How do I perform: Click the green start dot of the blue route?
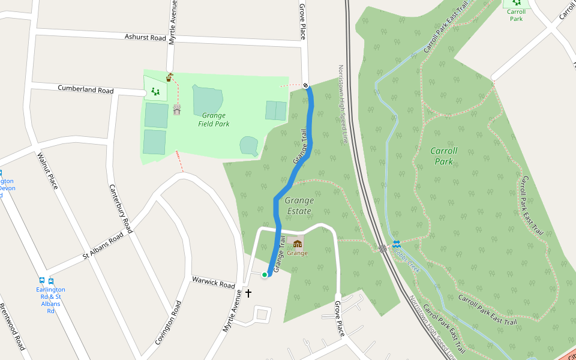[x=264, y=275]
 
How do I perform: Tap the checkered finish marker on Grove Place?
[x=306, y=85]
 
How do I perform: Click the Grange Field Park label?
[x=214, y=119]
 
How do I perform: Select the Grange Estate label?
[x=299, y=205]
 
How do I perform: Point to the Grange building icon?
[x=297, y=243]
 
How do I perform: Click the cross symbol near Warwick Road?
[x=248, y=293]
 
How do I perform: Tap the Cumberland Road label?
[x=85, y=89]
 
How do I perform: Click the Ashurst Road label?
[x=145, y=37]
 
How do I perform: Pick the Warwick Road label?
[x=213, y=282]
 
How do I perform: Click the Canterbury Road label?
[x=120, y=208]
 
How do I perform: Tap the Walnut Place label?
[x=47, y=171]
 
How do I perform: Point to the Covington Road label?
[x=168, y=322]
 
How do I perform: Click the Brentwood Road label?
[x=12, y=327]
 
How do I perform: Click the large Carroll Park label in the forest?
[x=443, y=156]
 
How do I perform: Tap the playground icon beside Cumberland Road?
[x=156, y=91]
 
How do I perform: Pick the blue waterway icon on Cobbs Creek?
[x=396, y=244]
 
